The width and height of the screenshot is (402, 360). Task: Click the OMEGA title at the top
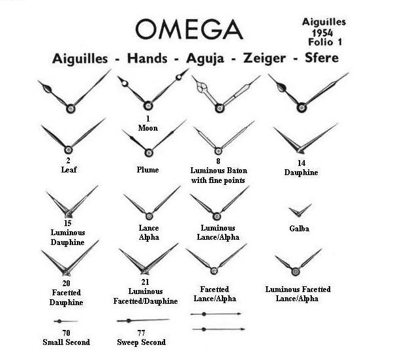tap(189, 29)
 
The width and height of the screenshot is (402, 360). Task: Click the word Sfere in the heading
tap(321, 58)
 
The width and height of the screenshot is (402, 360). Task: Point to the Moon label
tap(148, 127)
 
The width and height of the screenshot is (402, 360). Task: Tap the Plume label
tap(147, 169)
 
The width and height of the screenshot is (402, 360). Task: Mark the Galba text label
tap(300, 229)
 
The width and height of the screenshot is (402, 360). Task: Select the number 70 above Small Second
tap(66, 333)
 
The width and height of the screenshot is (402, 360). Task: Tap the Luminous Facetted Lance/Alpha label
tap(299, 294)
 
